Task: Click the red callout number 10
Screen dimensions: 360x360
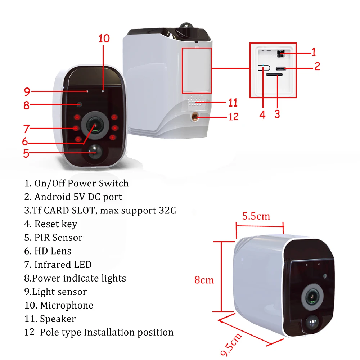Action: click(x=104, y=39)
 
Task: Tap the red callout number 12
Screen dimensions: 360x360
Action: click(x=234, y=117)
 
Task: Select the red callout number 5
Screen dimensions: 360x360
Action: click(x=26, y=153)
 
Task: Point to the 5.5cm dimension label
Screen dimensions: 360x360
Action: click(x=256, y=216)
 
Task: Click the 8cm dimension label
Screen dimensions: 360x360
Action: click(x=204, y=280)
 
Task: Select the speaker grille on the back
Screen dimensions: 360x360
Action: click(x=196, y=100)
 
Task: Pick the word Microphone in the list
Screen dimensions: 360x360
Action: click(x=67, y=305)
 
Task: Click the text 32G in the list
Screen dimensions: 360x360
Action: click(x=167, y=210)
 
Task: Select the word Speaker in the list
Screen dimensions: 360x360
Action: click(x=58, y=319)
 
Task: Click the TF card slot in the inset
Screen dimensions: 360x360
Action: click(x=274, y=75)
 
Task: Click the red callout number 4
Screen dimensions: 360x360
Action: click(x=262, y=114)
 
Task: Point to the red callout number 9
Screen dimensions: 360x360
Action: click(x=27, y=91)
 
